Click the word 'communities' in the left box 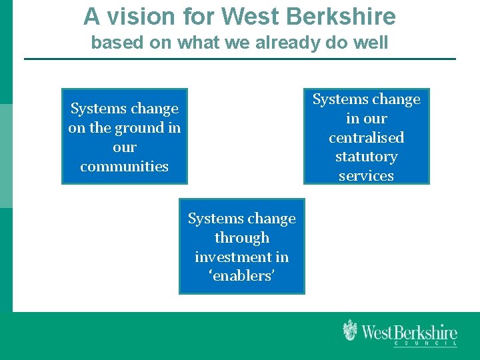(125, 167)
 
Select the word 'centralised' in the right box (366, 138)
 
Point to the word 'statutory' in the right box (366, 157)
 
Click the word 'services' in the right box (366, 176)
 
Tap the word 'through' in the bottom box (242, 238)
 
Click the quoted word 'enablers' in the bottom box (242, 276)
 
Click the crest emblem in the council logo (350, 331)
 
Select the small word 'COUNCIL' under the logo (425, 344)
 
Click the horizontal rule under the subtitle (240, 59)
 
